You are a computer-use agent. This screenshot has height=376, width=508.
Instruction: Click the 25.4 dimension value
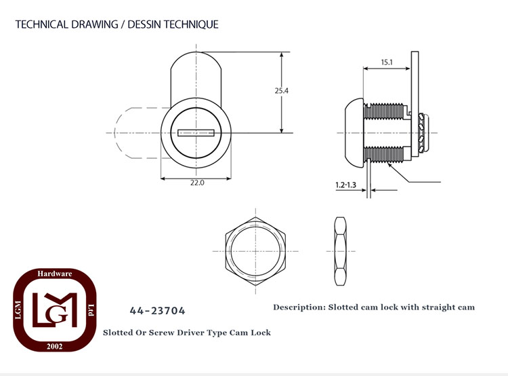[x=281, y=90]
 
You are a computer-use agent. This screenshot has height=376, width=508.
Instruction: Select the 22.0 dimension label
[x=197, y=183]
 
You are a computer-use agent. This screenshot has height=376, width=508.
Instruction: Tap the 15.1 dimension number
[x=387, y=62]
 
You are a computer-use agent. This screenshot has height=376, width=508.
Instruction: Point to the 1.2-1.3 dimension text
[x=345, y=185]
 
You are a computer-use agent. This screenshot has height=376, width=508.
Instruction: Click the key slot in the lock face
[x=196, y=133]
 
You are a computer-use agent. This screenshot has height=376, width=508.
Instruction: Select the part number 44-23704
[x=157, y=311]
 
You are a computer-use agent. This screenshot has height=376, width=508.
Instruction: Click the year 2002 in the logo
[x=54, y=346]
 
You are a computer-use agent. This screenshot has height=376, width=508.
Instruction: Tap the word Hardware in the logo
[x=54, y=274]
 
